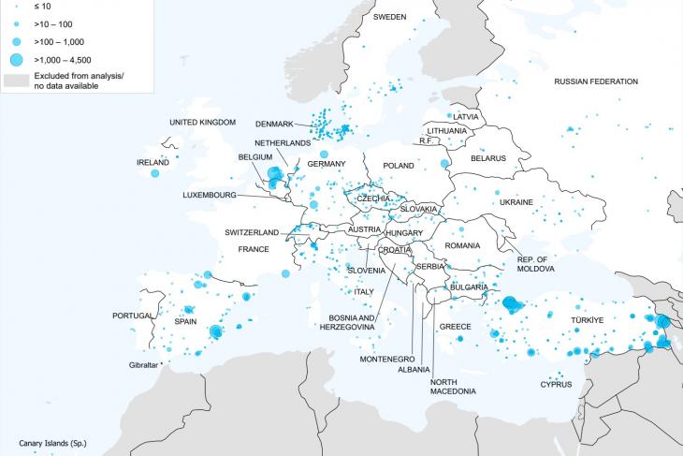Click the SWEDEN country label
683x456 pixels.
(389, 17)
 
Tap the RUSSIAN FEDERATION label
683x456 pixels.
(595, 81)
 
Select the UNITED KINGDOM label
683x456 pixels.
(203, 123)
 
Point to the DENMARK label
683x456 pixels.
(274, 124)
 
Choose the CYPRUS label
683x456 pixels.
(556, 385)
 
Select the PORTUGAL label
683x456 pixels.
(132, 316)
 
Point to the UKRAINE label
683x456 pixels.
(516, 201)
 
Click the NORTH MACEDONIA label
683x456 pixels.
(455, 387)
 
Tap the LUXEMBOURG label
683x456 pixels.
(211, 195)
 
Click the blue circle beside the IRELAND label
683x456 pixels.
(154, 173)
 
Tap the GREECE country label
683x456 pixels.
(456, 327)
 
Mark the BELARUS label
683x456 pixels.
(487, 158)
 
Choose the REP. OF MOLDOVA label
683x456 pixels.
(536, 264)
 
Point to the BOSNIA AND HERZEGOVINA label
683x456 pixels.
(353, 322)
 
